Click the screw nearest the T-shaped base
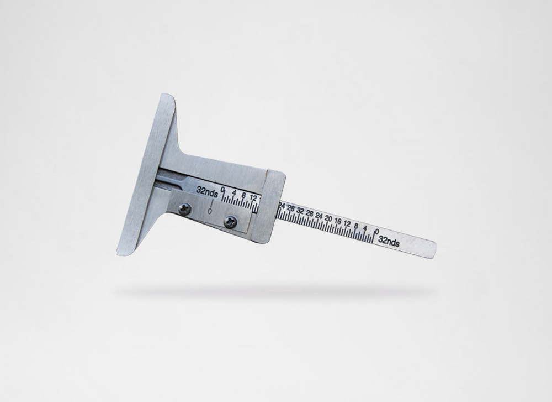coord(185,209)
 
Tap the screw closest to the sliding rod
coord(231,221)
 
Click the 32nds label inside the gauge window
coord(207,191)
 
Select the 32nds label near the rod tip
coord(389,242)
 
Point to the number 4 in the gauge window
coord(235,193)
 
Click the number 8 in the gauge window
coord(243,195)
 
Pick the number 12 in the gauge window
coord(253,197)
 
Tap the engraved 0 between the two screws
coord(210,211)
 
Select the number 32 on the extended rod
coord(300,211)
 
